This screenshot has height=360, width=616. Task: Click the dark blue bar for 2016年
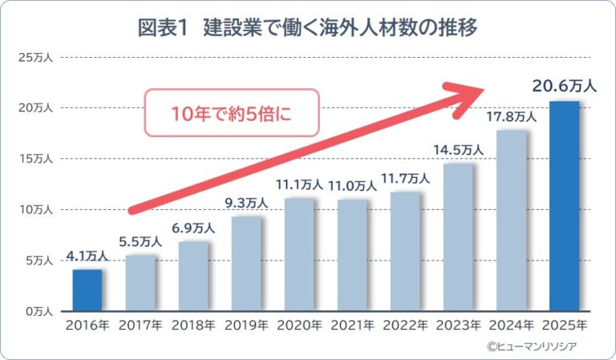coord(87,290)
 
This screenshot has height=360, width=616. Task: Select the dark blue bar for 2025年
coord(564,206)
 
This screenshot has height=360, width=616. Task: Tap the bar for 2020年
coord(299,254)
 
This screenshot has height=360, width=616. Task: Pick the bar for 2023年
coord(458,237)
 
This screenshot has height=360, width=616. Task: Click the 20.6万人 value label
coord(564,87)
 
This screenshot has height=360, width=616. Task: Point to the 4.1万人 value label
coord(87,257)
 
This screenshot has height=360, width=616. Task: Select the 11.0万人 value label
coord(352,184)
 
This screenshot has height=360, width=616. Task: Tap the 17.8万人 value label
coord(511,116)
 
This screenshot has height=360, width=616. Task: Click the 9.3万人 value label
coord(246,202)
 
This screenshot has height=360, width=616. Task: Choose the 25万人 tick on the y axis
coord(32,58)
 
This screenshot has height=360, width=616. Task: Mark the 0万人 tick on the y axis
coord(35,311)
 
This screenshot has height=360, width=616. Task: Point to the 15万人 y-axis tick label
coord(32,159)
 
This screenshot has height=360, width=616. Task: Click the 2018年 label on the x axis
coord(193,326)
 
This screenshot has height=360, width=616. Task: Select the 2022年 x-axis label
coord(405,326)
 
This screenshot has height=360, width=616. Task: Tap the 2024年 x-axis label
coord(511,326)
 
